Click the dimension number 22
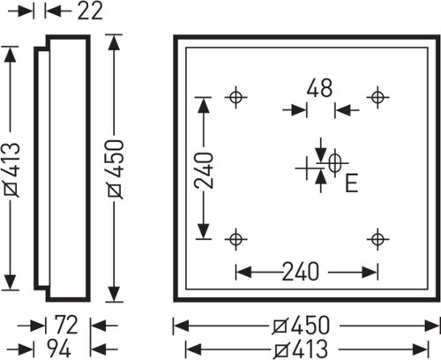tap(90, 11)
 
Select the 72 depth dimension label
tap(66, 325)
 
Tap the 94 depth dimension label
tap(59, 349)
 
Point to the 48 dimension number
tap(319, 87)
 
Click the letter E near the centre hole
tap(351, 183)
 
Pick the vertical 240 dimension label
tap(204, 170)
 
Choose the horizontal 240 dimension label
tap(301, 272)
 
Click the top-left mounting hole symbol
tap(235, 97)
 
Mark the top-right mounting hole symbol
tap(377, 97)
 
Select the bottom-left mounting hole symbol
tap(235, 239)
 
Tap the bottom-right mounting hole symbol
tap(377, 239)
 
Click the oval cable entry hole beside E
tap(334, 162)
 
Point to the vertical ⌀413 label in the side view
tap(12, 169)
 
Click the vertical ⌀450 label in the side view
tap(116, 169)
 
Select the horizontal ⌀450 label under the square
tap(301, 326)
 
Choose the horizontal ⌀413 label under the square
tap(301, 349)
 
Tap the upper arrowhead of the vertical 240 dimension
tap(204, 105)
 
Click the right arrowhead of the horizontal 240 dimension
tap(370, 273)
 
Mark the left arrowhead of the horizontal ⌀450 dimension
tap(182, 326)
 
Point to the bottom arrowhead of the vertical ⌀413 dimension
tap(11, 282)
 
